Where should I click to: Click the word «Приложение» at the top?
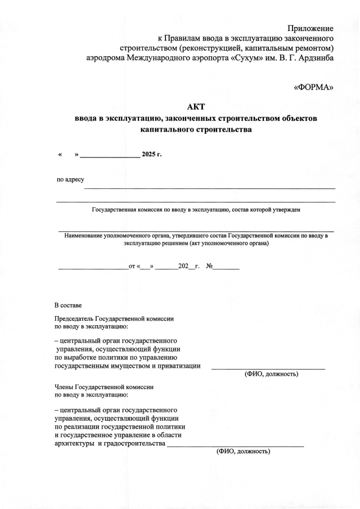(x=310, y=28)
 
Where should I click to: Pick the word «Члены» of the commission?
(x=64, y=387)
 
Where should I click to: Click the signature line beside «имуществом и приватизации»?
(x=268, y=368)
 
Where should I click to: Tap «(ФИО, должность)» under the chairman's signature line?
(x=271, y=374)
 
